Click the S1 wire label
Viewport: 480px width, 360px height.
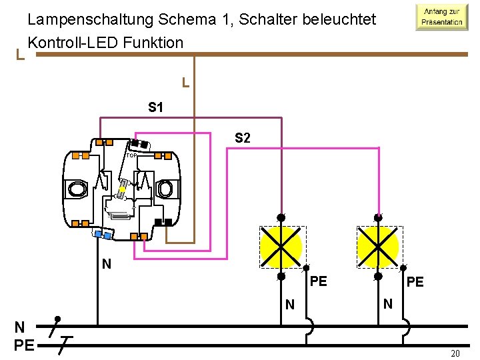coord(157,107)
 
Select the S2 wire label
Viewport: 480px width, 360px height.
coord(243,138)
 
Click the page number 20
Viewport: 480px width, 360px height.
coord(456,353)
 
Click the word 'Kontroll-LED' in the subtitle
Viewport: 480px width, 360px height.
coord(71,43)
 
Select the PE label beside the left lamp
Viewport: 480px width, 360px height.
coord(318,281)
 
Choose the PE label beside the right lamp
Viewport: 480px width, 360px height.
coord(415,282)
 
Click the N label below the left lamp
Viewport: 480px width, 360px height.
coord(289,305)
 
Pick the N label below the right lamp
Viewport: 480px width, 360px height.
coord(387,304)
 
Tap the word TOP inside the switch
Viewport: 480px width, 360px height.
coord(131,156)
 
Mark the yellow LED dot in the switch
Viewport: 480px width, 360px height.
coord(123,190)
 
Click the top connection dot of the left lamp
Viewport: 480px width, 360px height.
coord(281,217)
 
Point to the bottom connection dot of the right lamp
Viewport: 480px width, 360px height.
coord(378,276)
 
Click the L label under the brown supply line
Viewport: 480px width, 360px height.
coord(186,84)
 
